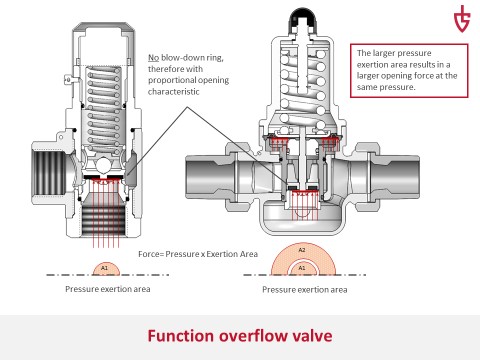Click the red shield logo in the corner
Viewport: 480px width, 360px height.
click(x=462, y=18)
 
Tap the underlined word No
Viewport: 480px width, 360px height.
click(x=153, y=58)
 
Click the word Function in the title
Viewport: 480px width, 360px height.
click(x=180, y=336)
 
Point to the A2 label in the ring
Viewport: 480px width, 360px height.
click(x=302, y=250)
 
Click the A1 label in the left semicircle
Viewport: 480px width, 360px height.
click(x=104, y=268)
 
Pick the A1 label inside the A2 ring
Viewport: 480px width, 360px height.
click(x=302, y=268)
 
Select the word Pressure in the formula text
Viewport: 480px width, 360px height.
click(x=182, y=254)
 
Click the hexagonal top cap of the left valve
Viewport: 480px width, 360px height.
click(x=104, y=28)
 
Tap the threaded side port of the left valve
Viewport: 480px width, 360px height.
click(x=50, y=173)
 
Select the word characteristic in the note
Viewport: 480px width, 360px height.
click(x=174, y=92)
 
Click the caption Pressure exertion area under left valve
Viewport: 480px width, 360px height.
click(x=108, y=289)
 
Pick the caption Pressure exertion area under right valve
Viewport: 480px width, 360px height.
click(x=305, y=289)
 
